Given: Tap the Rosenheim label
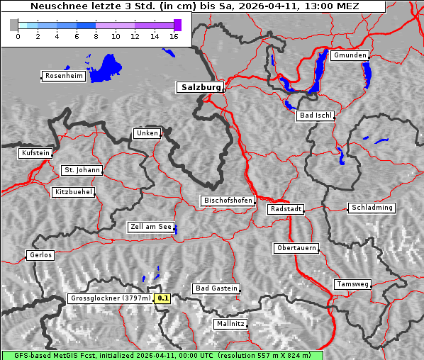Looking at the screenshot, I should pos(63,76).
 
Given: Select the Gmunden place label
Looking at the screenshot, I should pos(350,55).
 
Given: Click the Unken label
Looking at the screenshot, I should pos(147,133).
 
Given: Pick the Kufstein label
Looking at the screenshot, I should pos(35,153).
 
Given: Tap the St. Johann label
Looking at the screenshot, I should pos(82,170).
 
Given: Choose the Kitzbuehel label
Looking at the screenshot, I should pos(73,192).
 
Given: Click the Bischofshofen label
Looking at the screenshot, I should pos(228,201).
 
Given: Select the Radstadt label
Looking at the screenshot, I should pos(286,209).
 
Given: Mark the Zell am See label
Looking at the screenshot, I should pos(151,227).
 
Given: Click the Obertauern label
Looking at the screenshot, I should pos(296,248).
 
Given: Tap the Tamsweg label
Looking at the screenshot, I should pos(352,284).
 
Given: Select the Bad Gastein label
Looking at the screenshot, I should pos(216,288).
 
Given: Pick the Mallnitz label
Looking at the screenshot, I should pos(230,324).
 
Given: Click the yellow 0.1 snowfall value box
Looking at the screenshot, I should pos(163,298).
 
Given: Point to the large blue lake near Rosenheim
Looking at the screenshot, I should pos(106,67).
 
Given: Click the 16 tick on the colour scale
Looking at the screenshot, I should pos(174,36).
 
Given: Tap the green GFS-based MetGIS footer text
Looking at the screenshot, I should pos(162,355).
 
